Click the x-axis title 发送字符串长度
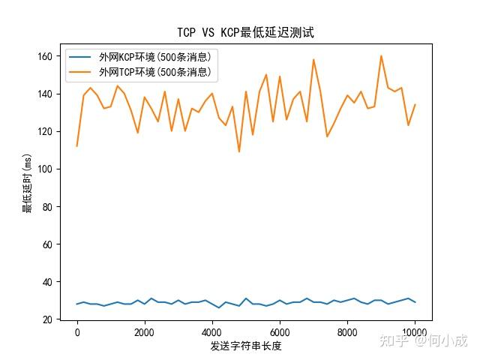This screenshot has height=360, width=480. pyautogui.click(x=245, y=346)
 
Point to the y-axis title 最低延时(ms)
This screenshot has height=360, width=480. pyautogui.click(x=28, y=184)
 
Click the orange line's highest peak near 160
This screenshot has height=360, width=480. pyautogui.click(x=381, y=55)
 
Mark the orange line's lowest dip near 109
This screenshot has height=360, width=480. pyautogui.click(x=239, y=151)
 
